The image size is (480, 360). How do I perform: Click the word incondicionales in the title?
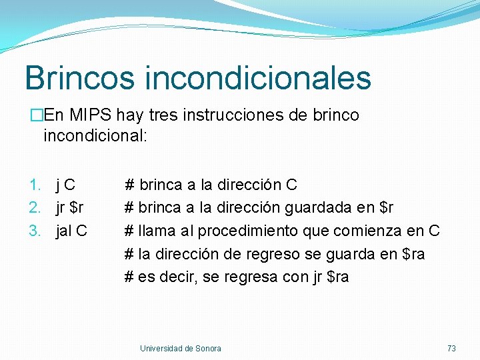[257, 77]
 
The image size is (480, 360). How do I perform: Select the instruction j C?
[65, 185]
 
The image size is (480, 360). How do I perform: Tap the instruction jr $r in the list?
[69, 208]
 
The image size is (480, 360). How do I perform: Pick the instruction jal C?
[71, 231]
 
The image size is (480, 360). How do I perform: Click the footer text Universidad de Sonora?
[181, 348]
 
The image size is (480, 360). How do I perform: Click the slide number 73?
[451, 348]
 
